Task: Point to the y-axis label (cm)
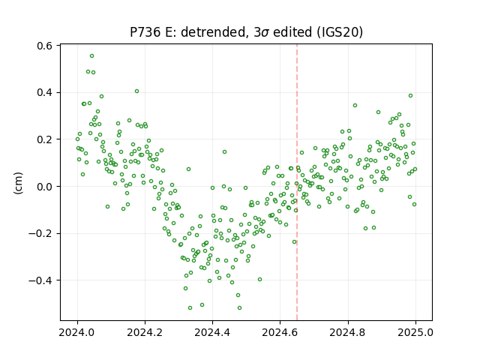[18, 183]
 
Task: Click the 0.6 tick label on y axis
[44, 46]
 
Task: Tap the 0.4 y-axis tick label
[44, 92]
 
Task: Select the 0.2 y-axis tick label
[44, 139]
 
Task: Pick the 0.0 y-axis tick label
[44, 187]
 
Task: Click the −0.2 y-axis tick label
[40, 233]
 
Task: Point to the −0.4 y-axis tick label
[40, 280]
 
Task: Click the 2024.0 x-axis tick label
[77, 332]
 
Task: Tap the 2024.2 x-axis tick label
[145, 332]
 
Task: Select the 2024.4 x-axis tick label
[212, 332]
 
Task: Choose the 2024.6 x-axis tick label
[280, 332]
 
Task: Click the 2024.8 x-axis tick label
[348, 332]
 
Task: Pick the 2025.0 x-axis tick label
[415, 332]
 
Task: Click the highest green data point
[91, 56]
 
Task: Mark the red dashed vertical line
[297, 182]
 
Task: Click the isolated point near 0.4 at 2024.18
[136, 91]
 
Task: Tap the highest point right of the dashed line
[410, 96]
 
